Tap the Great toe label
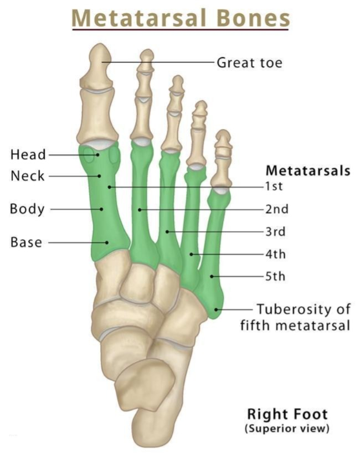tap(249, 63)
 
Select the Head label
tap(28, 154)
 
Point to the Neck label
tap(28, 176)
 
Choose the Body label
tap(27, 209)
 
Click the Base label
tap(26, 242)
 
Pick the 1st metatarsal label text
tap(274, 186)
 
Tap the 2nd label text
tap(277, 209)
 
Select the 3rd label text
tap(275, 231)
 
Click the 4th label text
tap(275, 254)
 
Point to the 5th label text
tap(275, 276)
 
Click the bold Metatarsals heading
tap(308, 170)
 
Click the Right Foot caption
tap(287, 414)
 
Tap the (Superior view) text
tap(287, 428)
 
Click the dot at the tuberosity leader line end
tap(216, 309)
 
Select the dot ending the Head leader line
tap(98, 154)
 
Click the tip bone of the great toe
tap(97, 65)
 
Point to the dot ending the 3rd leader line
tap(167, 231)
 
